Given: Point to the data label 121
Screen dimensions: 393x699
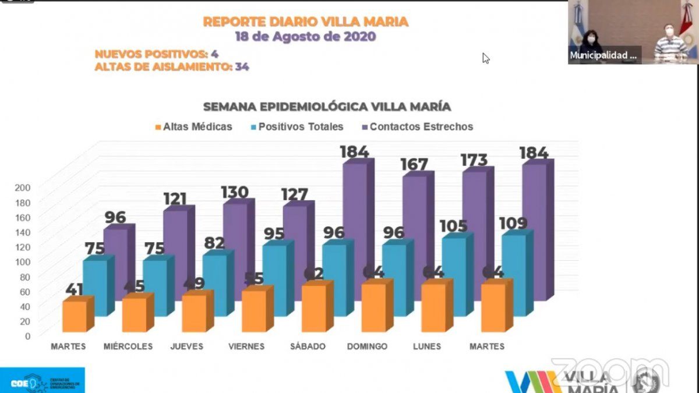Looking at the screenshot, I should coord(175,199).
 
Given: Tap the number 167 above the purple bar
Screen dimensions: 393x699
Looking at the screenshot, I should coord(414,165).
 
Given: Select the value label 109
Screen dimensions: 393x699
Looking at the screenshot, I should coord(513,224).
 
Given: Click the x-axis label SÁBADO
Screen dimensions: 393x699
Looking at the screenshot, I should coord(308,346).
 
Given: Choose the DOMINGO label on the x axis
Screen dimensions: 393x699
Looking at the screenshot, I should coord(367,346).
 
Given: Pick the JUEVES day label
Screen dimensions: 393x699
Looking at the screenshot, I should coord(187,346).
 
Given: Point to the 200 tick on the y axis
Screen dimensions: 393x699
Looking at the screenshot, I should coord(23,187).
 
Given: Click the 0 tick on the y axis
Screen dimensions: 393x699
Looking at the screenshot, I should coord(27,336).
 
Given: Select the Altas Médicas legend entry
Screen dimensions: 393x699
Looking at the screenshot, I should coord(192,126).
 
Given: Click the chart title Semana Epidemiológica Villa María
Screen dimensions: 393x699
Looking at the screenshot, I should coord(327,107).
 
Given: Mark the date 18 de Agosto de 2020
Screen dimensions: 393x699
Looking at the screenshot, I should coord(305,36).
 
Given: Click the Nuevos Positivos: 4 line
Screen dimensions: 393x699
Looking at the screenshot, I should coord(157,54).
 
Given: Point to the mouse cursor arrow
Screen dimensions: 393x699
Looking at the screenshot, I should coord(485,58).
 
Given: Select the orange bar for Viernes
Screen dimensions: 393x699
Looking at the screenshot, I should coord(253,311).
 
